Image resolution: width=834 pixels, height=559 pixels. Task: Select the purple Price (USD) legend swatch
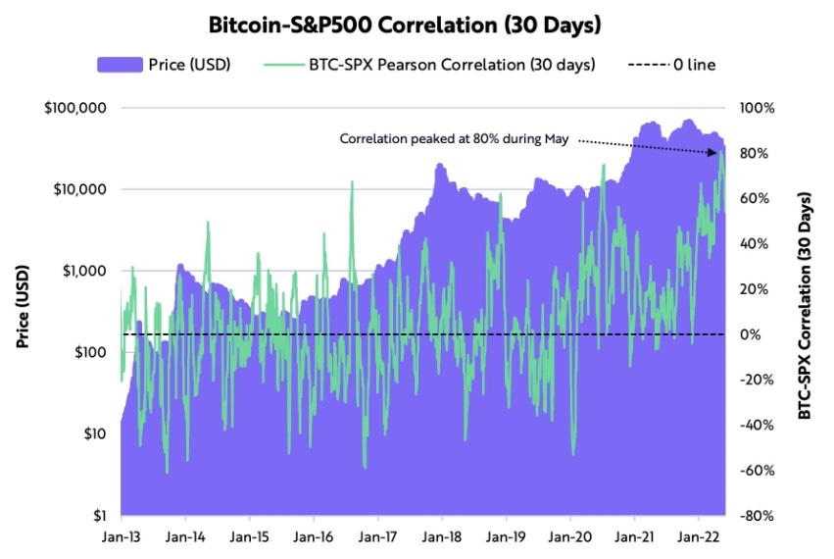tap(119, 65)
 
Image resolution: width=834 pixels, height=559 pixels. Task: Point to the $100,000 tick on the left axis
tap(76, 107)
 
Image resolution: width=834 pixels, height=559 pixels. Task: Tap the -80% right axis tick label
tap(757, 515)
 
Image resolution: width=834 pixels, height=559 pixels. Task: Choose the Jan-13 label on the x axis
tap(121, 537)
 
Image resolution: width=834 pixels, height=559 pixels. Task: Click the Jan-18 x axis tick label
tap(441, 537)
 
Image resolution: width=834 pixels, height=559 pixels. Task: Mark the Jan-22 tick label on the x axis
tap(698, 537)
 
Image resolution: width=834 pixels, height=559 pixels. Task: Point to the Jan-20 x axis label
tap(569, 537)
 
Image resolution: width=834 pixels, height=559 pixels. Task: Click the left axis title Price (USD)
tap(22, 306)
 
